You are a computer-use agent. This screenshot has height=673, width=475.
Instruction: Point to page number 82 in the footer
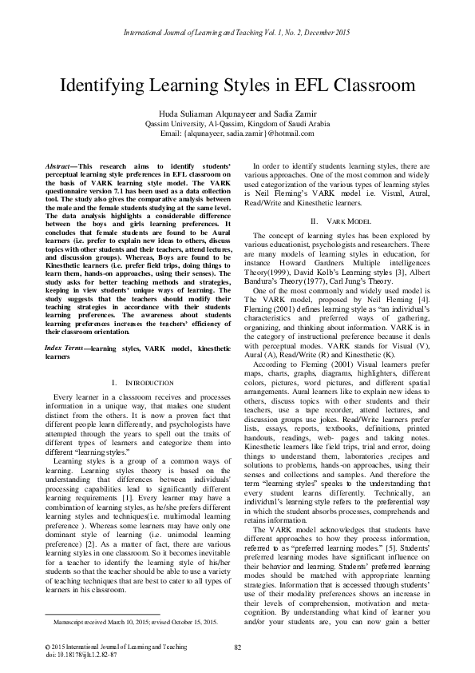238,646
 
